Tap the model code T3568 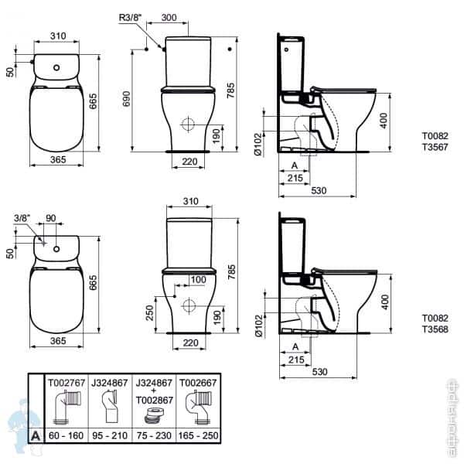tap(434, 328)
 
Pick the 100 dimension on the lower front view tap(199, 279)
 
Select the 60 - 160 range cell tap(67, 435)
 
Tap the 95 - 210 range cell tap(111, 435)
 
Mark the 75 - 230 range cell tap(154, 435)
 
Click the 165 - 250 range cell tap(199, 435)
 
